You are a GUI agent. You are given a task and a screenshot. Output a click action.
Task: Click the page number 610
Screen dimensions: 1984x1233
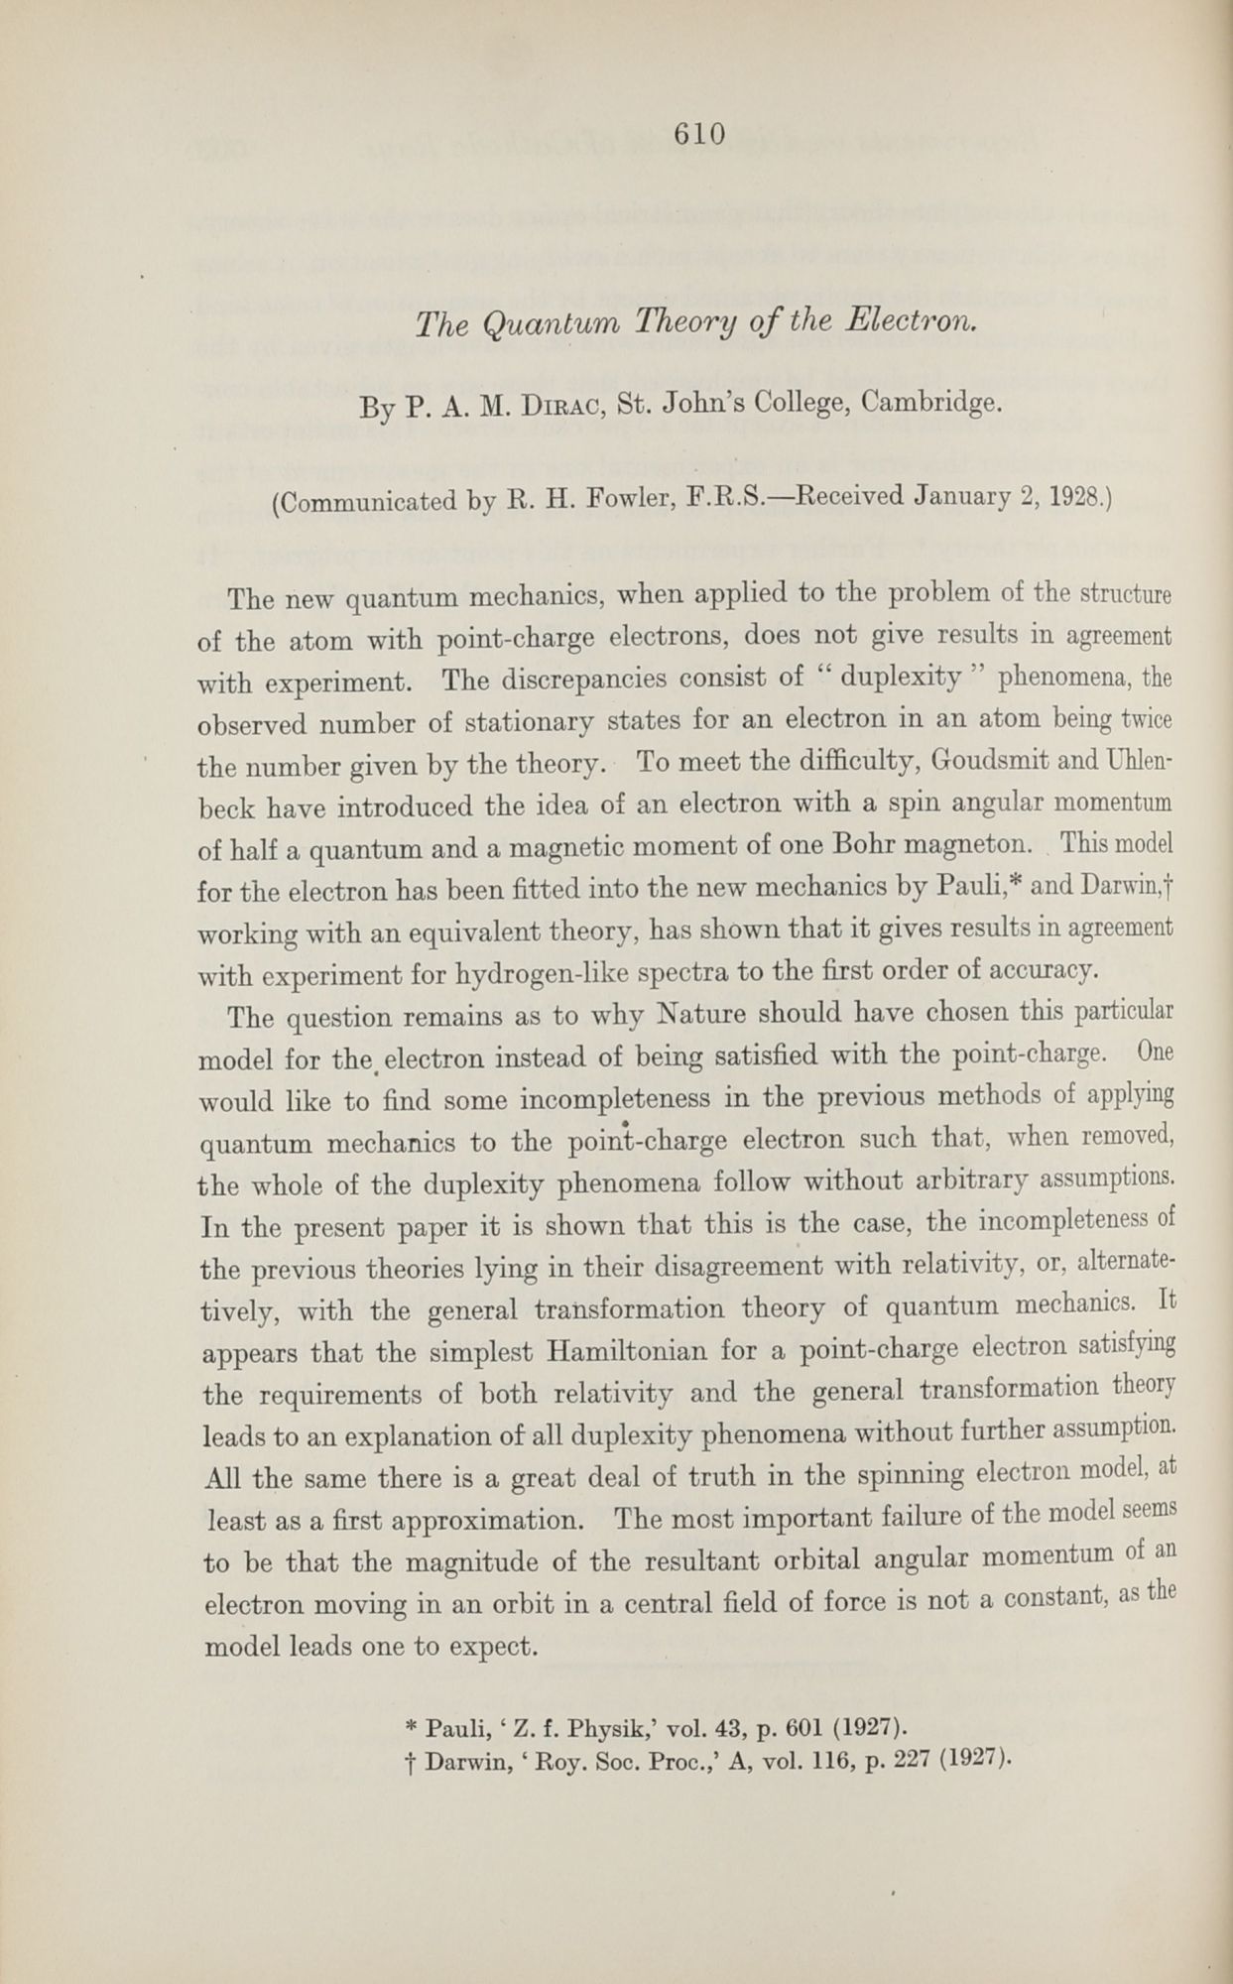tap(699, 133)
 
